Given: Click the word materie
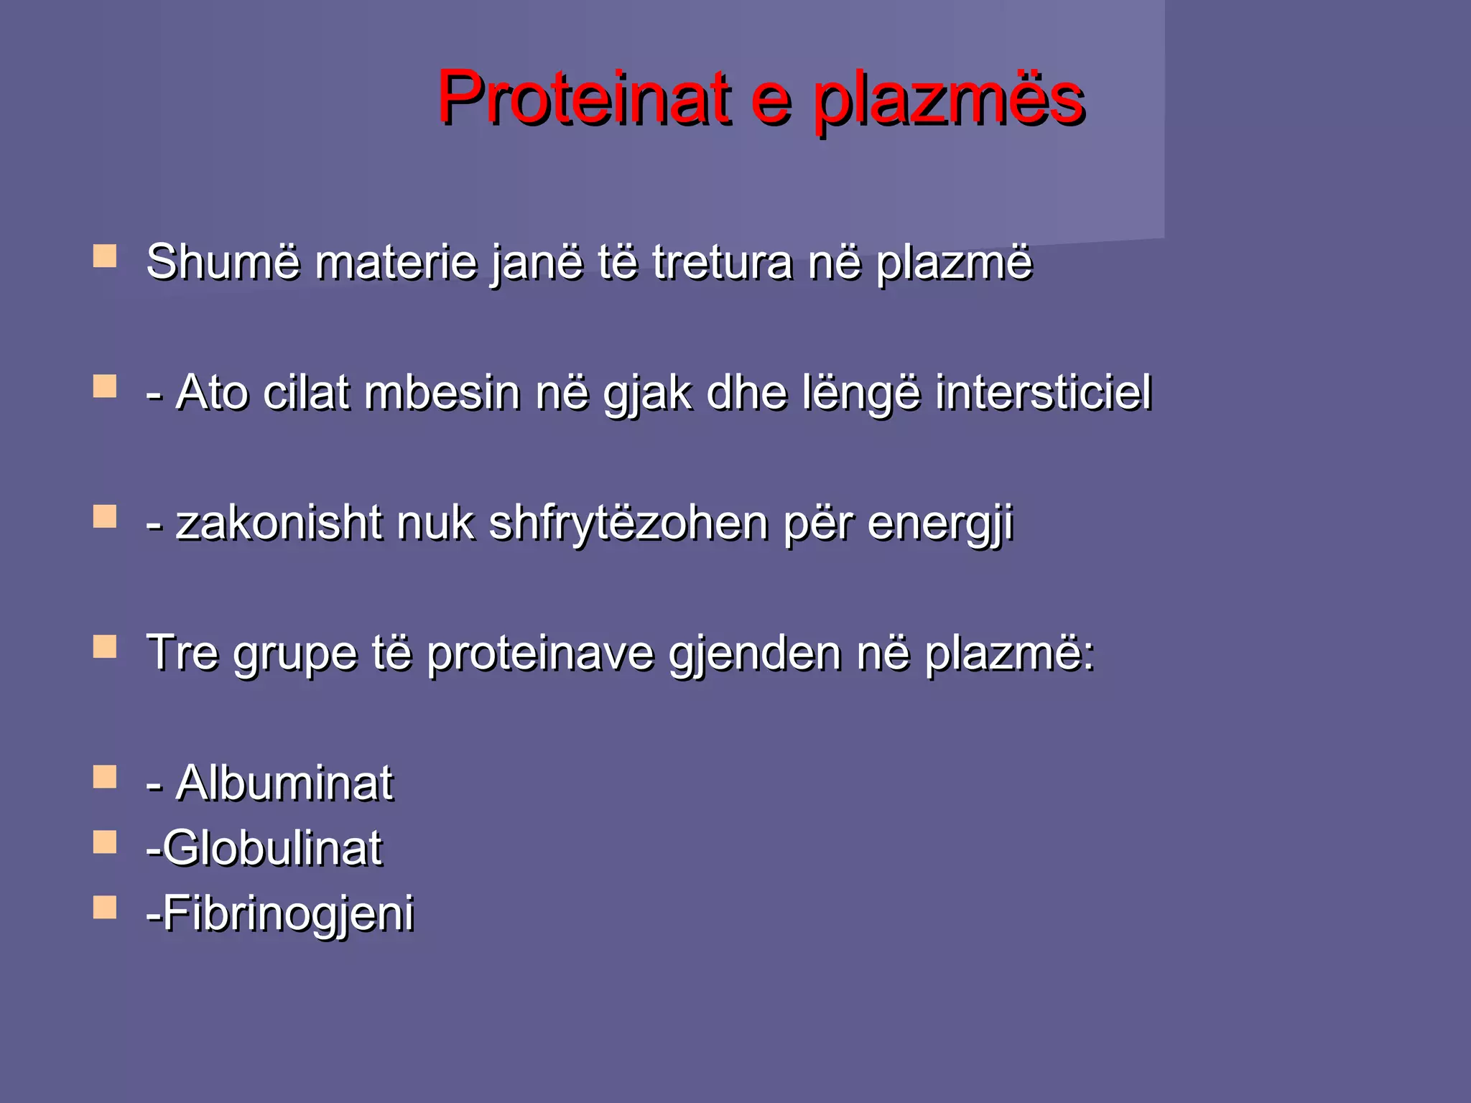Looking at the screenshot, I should (396, 261).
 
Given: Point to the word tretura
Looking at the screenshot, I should (722, 261).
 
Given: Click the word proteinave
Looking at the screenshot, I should (540, 654).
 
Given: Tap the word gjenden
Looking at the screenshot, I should (754, 654).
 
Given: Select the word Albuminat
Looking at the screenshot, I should (284, 782).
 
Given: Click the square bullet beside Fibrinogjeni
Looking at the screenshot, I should (105, 907).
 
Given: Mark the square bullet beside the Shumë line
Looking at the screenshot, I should (105, 256).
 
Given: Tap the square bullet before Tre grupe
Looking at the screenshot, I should (105, 646).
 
